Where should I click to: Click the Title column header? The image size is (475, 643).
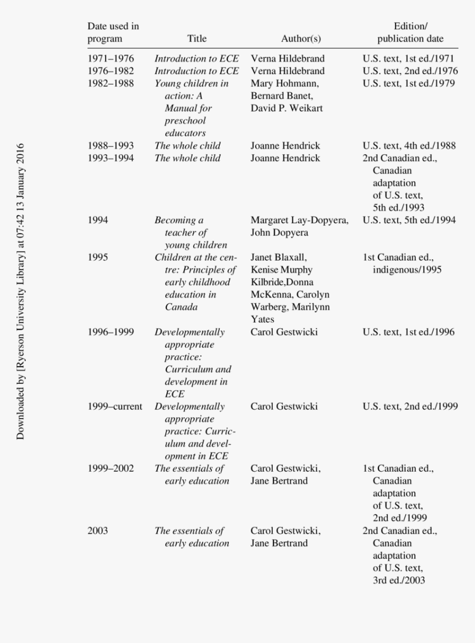[197, 39]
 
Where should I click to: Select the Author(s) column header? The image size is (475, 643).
[300, 39]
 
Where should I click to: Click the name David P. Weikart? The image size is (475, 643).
[287, 108]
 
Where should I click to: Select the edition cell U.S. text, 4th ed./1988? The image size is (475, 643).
[409, 146]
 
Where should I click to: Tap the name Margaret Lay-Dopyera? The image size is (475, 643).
[299, 220]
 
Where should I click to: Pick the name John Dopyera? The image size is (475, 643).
[279, 233]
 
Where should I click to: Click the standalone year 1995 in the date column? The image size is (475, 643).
[98, 257]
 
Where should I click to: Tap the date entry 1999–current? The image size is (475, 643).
[115, 407]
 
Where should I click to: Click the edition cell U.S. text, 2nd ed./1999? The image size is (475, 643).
[410, 407]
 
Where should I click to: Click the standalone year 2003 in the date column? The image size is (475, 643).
[98, 531]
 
